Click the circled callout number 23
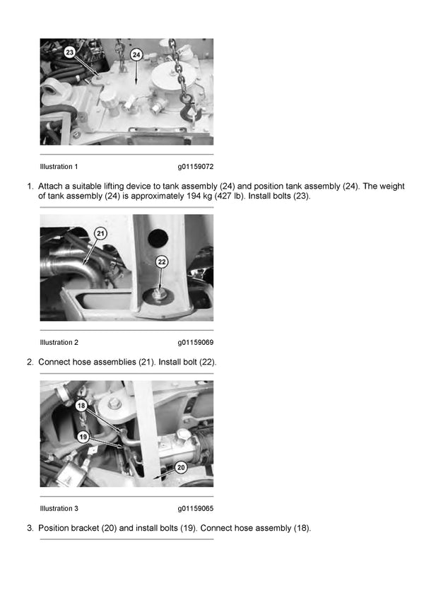pos(69,52)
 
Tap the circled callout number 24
pos(136,54)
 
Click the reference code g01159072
pos(195,167)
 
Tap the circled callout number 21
pos(100,233)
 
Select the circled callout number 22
pos(161,261)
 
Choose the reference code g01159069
pos(195,343)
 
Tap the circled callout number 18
pos(81,406)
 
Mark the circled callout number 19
pos(83,437)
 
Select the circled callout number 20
pos(180,467)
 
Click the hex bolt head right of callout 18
pos(113,405)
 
